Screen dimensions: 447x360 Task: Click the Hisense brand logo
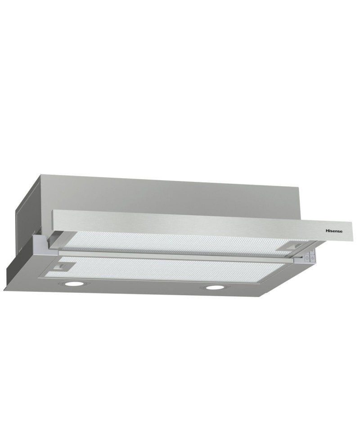pos(334,231)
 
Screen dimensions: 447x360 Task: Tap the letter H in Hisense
pos(327,231)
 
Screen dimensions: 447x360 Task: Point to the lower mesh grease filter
pos(171,270)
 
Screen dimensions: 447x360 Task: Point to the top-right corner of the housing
pos(297,185)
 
